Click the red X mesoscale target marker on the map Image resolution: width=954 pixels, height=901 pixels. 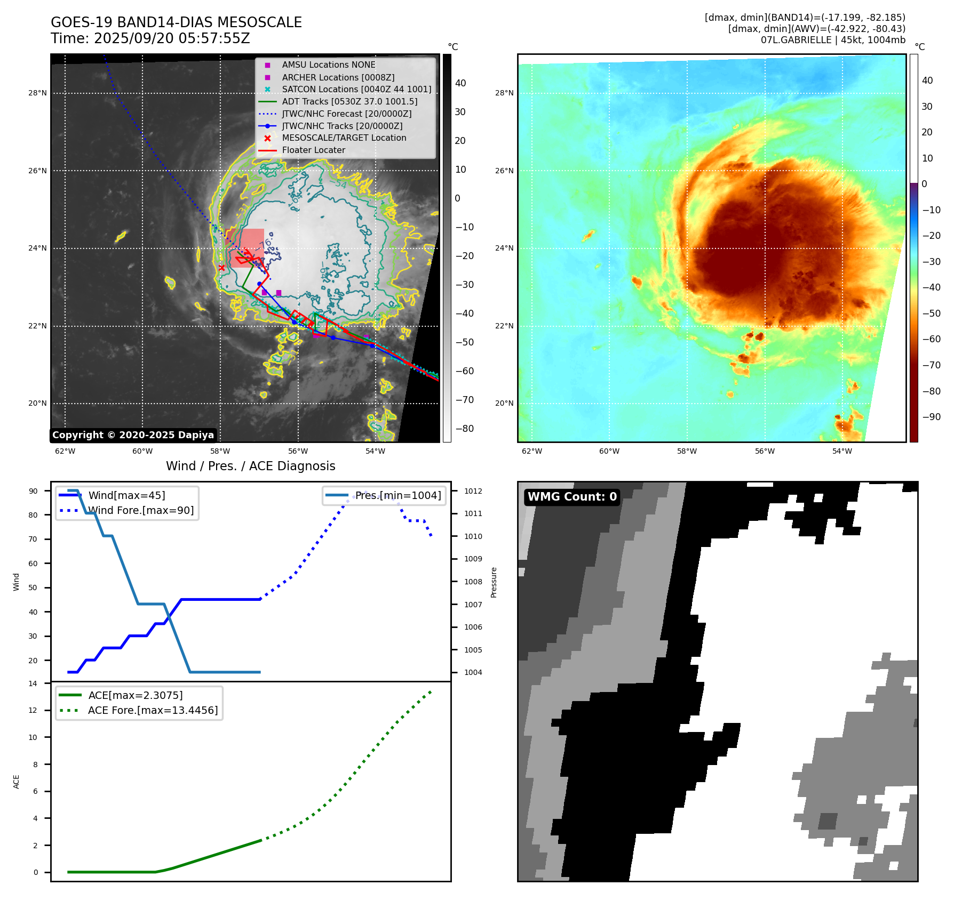pyautogui.click(x=221, y=268)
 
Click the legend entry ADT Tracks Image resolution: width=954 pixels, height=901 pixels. pyautogui.click(x=349, y=101)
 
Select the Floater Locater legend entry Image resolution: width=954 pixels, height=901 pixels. pyautogui.click(x=313, y=150)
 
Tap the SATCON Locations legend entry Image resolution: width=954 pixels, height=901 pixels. pyautogui.click(x=356, y=90)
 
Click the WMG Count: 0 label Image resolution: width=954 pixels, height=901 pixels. pyautogui.click(x=572, y=497)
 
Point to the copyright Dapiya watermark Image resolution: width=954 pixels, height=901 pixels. pyautogui.click(x=133, y=435)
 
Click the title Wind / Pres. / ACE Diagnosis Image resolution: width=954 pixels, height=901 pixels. pyautogui.click(x=250, y=466)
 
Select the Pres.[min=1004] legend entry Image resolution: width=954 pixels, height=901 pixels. pyautogui.click(x=398, y=495)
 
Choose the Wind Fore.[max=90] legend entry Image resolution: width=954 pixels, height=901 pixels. pyautogui.click(x=141, y=510)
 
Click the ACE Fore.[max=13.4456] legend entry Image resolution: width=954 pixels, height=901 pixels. pyautogui.click(x=153, y=710)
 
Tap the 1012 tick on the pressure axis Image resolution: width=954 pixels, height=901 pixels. pyautogui.click(x=473, y=491)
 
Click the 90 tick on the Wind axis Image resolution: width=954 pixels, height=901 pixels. pyautogui.click(x=33, y=491)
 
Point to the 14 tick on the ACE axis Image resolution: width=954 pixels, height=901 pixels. pyautogui.click(x=33, y=683)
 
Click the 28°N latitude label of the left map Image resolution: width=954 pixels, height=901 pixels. pyautogui.click(x=37, y=93)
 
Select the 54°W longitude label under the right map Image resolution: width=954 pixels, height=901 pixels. pyautogui.click(x=842, y=451)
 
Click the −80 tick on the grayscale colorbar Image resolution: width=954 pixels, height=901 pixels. pyautogui.click(x=464, y=429)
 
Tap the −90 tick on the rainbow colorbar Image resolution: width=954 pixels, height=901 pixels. pyautogui.click(x=931, y=417)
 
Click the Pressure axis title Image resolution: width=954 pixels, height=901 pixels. pyautogui.click(x=494, y=582)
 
